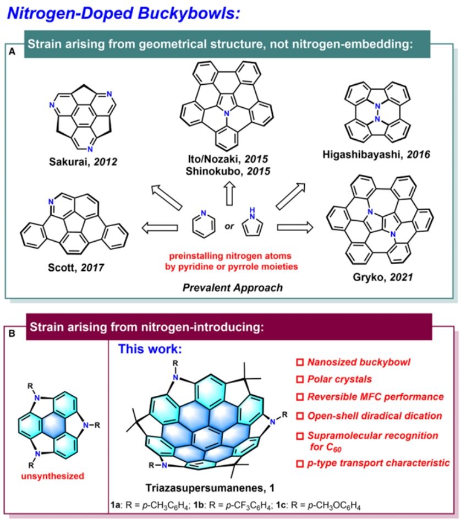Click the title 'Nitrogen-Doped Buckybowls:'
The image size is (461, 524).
(122, 12)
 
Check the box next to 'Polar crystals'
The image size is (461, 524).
(300, 379)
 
